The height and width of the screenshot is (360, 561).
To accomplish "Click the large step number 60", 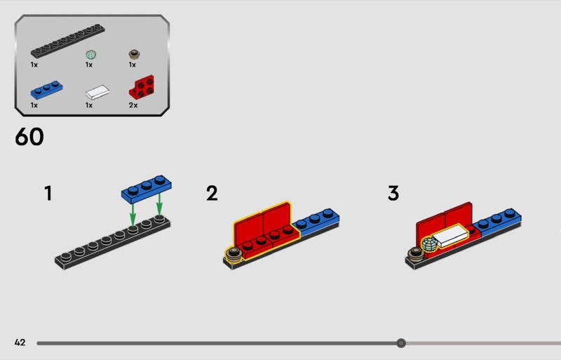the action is [x=29, y=136].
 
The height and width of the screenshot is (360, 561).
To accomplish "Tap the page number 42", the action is [x=20, y=342].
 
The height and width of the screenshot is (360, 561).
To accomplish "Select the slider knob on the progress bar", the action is [x=401, y=343].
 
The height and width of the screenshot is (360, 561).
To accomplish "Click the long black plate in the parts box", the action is [x=67, y=41].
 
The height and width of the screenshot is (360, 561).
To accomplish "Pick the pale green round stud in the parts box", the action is [x=91, y=55].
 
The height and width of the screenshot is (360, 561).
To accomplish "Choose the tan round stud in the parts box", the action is [x=134, y=55].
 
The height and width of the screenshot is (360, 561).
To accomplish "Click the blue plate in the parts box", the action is [x=46, y=90].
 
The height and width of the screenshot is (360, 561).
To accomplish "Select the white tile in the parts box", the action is [x=97, y=92].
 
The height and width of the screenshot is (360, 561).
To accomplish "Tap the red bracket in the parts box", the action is [x=142, y=87].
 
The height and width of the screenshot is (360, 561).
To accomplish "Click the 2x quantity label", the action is [x=133, y=105].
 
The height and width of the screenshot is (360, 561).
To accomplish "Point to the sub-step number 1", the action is [x=48, y=193].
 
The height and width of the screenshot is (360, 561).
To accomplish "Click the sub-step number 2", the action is [x=212, y=193].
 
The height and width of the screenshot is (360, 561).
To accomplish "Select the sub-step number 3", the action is [x=393, y=193].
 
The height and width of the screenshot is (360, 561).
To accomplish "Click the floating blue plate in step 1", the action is [x=147, y=189].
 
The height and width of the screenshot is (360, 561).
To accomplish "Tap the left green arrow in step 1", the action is [x=133, y=214].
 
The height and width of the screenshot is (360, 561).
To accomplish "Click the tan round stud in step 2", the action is [x=234, y=253].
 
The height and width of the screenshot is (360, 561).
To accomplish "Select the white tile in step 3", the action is [x=450, y=235].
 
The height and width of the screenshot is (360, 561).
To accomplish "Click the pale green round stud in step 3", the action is [x=429, y=244].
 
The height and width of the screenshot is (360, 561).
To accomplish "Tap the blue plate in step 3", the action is [x=497, y=222].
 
